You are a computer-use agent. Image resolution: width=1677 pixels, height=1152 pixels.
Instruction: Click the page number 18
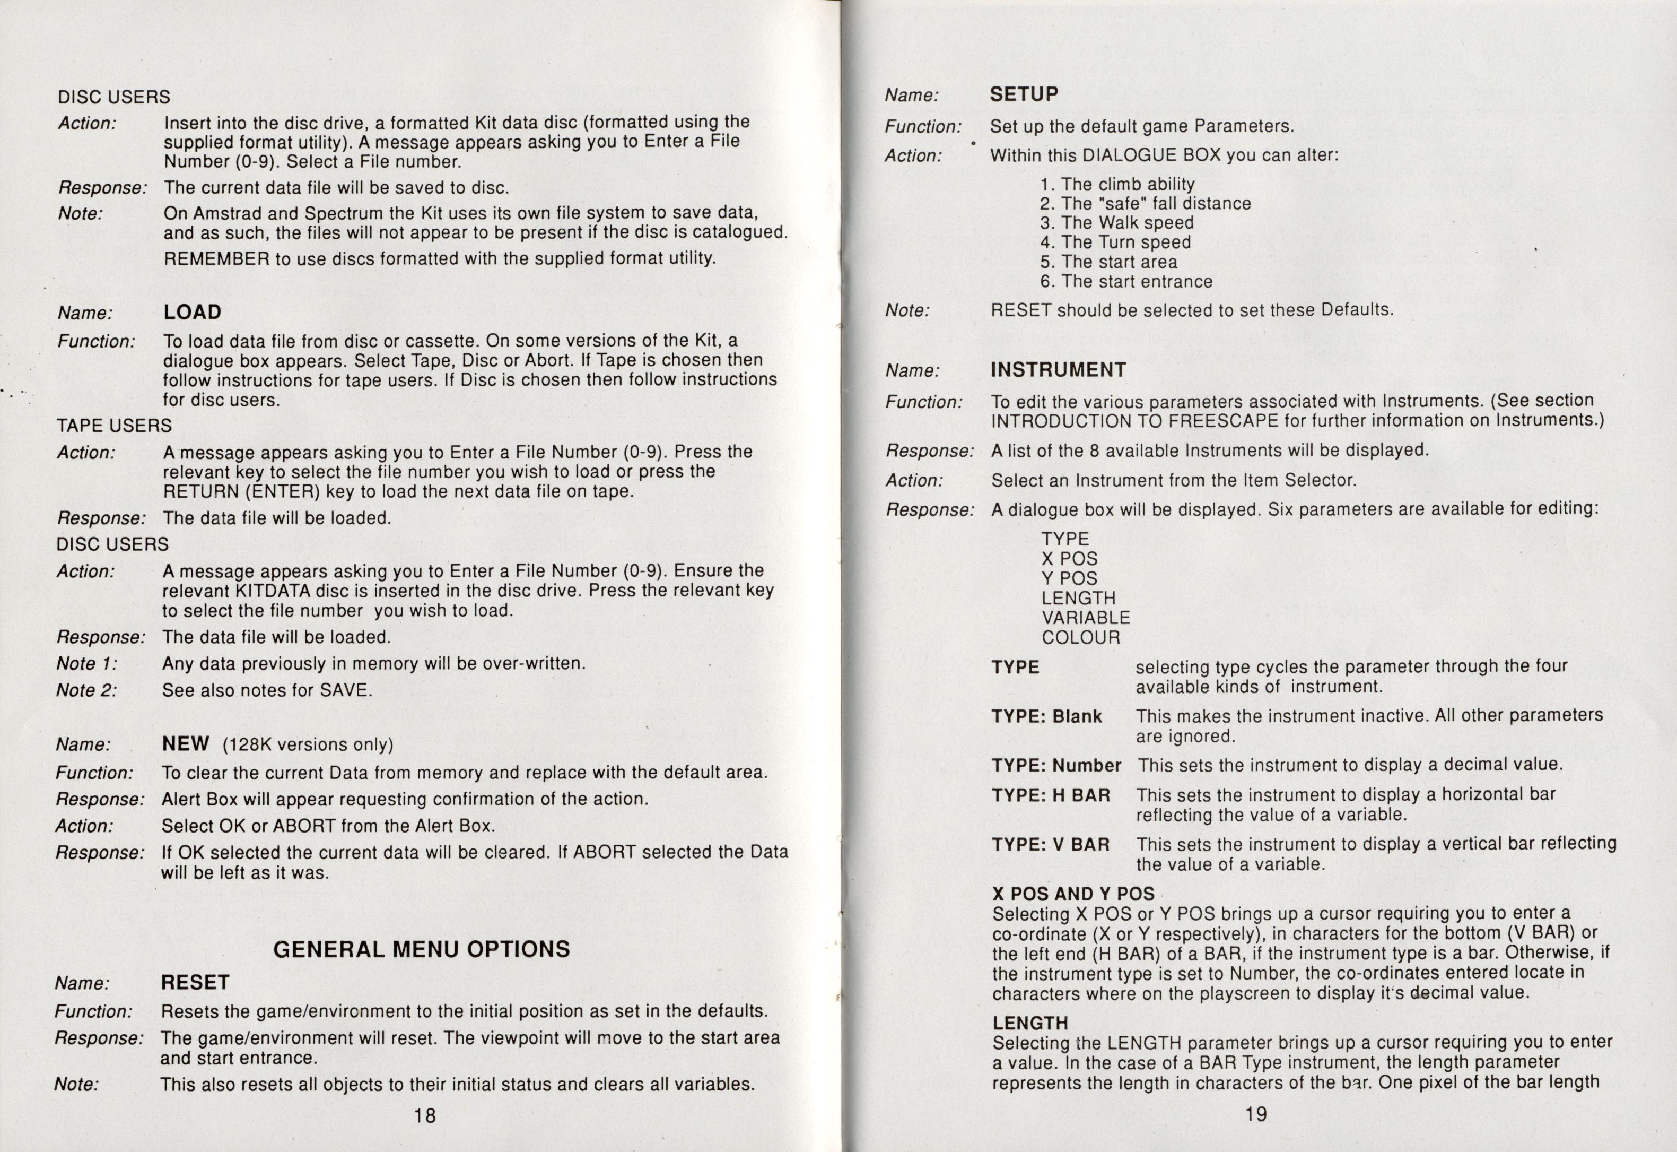(x=425, y=1115)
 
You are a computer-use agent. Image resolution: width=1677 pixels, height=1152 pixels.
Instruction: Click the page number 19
(x=1255, y=1114)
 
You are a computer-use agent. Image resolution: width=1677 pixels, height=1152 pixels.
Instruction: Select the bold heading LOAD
(x=192, y=313)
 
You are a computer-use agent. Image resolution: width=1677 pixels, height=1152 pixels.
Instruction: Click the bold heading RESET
(x=195, y=982)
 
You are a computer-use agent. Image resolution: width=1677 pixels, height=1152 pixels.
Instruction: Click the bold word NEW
(x=186, y=743)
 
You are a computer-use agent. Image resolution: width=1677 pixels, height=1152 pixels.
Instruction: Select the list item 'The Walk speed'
(x=1116, y=223)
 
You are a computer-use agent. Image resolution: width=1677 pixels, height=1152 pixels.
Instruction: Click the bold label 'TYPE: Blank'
(x=1046, y=717)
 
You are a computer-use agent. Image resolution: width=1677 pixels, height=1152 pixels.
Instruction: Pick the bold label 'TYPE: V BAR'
(x=1050, y=845)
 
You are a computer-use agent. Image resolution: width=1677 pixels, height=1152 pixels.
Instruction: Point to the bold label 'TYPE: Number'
(x=1056, y=766)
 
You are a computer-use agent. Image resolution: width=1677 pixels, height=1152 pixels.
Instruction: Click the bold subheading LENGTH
(x=1030, y=1024)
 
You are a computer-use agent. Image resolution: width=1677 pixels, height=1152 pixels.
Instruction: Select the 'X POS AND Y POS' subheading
(x=1073, y=894)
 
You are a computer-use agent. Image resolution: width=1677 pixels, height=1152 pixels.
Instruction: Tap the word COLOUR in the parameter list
(x=1081, y=638)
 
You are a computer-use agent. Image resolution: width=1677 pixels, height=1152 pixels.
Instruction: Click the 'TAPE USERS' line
(x=114, y=426)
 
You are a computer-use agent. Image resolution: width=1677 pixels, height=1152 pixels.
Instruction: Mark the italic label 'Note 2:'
(x=86, y=690)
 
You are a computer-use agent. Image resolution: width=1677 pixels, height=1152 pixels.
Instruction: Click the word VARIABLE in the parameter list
(x=1085, y=618)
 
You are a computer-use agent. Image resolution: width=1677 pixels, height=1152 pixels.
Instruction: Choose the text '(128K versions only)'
(x=308, y=744)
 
